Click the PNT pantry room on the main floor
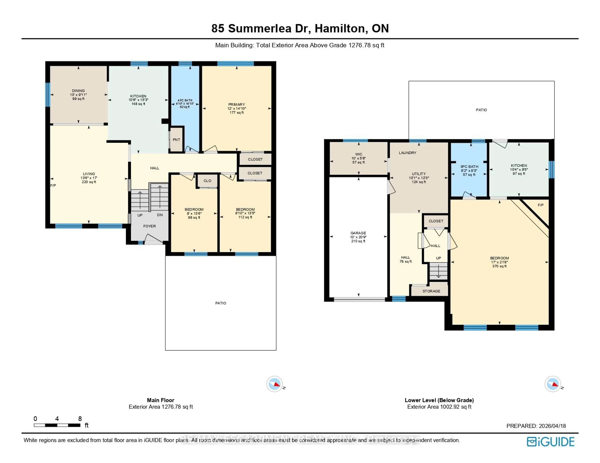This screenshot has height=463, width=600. click(176, 140)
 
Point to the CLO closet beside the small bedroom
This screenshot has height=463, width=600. click(207, 181)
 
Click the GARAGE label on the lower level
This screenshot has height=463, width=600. click(358, 233)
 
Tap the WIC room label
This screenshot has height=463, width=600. click(359, 154)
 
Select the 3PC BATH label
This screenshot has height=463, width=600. click(469, 167)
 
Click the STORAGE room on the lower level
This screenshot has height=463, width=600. click(431, 291)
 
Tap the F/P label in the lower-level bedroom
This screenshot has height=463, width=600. click(540, 205)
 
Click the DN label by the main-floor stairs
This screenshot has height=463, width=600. click(160, 215)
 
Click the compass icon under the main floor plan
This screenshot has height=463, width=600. click(274, 384)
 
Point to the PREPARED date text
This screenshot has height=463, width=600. click(536, 426)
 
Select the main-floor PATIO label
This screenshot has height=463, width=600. click(221, 303)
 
